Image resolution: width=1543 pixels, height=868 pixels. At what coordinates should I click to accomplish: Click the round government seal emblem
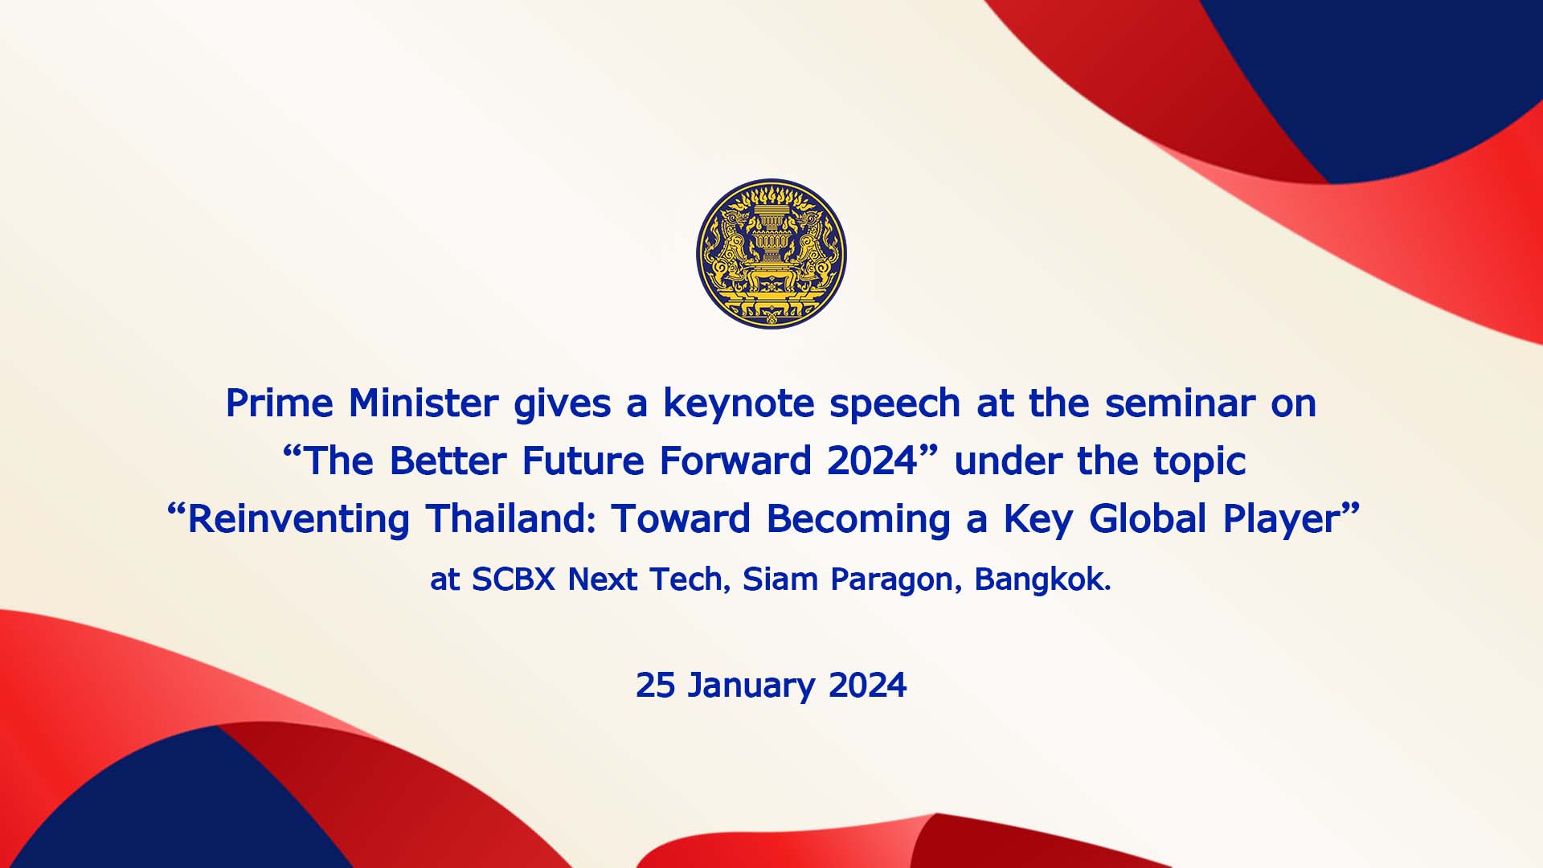click(771, 253)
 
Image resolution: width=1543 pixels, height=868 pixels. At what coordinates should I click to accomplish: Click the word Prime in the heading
click(279, 403)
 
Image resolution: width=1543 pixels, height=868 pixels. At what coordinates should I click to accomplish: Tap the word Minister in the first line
click(424, 403)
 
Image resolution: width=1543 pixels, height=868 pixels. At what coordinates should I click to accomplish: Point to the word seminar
click(1179, 403)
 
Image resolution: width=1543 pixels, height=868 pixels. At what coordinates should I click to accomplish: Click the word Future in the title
click(583, 461)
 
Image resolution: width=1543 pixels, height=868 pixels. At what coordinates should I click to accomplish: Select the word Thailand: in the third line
click(511, 518)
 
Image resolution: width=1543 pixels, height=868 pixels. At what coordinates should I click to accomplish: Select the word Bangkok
click(1042, 579)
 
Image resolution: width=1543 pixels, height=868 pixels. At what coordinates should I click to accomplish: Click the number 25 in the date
click(655, 685)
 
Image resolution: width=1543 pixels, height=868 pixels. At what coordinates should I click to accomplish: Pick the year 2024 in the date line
click(867, 685)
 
